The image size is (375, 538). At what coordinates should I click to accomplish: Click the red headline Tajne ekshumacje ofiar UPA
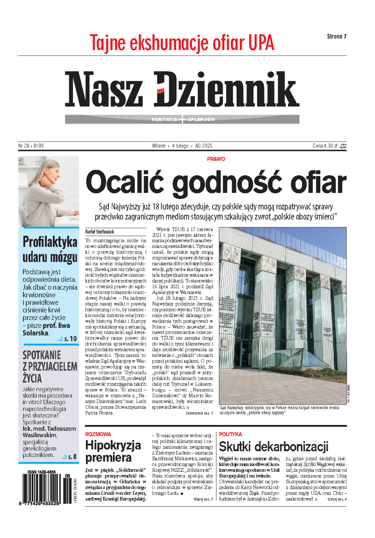[182, 43]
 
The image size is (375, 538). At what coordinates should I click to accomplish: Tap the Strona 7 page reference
[337, 36]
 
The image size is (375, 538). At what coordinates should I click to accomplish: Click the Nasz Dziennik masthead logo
[182, 89]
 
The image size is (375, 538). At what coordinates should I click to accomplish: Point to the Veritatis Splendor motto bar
[182, 119]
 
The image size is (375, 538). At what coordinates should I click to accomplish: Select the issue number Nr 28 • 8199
[31, 146]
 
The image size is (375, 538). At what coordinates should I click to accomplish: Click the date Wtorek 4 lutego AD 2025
[182, 146]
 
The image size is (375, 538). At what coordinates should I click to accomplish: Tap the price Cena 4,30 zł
[325, 146]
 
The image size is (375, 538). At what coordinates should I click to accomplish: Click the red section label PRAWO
[216, 159]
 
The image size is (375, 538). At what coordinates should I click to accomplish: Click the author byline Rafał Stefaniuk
[100, 232]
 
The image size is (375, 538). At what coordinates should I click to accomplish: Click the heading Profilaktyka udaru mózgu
[50, 249]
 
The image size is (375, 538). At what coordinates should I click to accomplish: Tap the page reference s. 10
[70, 339]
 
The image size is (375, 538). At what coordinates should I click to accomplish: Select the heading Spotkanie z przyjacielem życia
[50, 367]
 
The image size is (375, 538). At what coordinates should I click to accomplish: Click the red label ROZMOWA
[98, 434]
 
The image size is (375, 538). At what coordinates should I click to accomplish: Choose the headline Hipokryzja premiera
[113, 451]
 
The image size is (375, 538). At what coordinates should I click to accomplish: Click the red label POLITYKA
[230, 434]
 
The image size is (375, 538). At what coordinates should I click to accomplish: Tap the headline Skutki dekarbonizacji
[273, 447]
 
